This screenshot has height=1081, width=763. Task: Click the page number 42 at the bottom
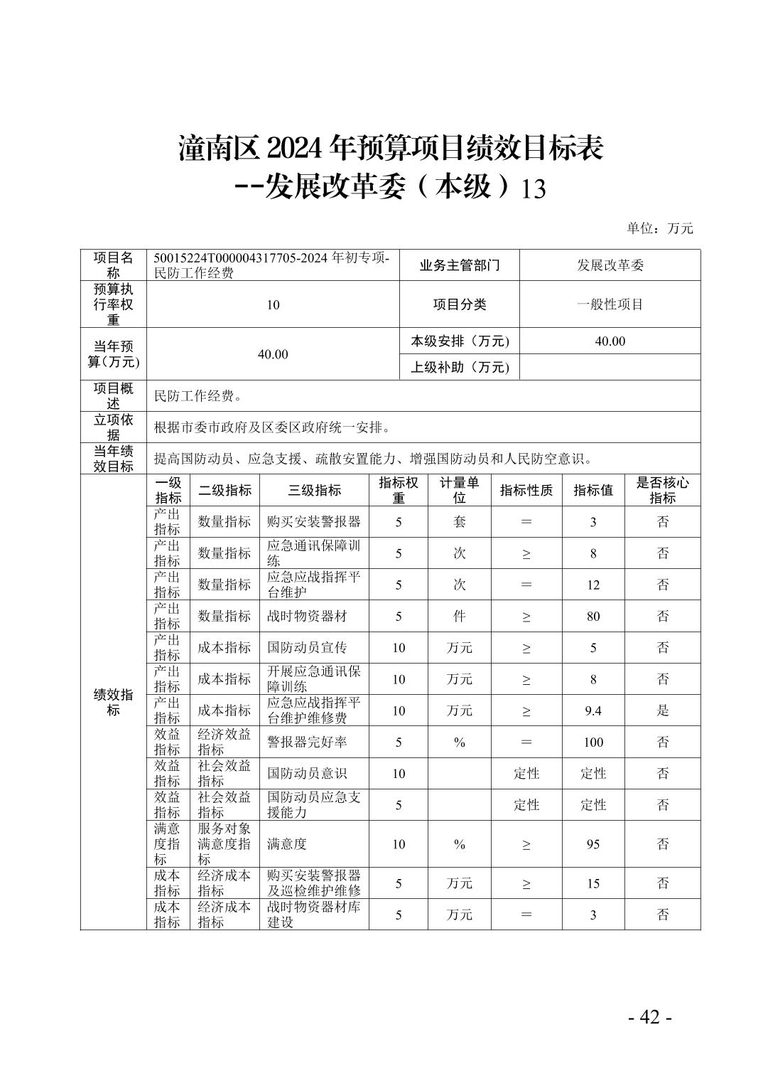pyautogui.click(x=649, y=1017)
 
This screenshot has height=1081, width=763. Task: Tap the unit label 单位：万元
pyautogui.click(x=659, y=228)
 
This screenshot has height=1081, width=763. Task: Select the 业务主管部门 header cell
pyautogui.click(x=459, y=265)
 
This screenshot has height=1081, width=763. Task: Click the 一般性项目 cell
pyautogui.click(x=610, y=304)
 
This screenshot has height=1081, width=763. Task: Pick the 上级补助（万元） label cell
pyautogui.click(x=460, y=367)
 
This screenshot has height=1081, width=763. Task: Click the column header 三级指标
pyautogui.click(x=314, y=490)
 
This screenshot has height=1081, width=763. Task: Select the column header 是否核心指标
pyautogui.click(x=662, y=490)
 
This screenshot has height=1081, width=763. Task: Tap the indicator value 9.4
pyautogui.click(x=592, y=710)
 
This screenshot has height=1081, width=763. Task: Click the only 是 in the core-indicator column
pyautogui.click(x=662, y=710)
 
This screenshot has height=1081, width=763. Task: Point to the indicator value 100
pyautogui.click(x=592, y=742)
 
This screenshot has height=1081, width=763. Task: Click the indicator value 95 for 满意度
pyautogui.click(x=592, y=844)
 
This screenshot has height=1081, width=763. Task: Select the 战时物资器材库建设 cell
pyautogui.click(x=313, y=914)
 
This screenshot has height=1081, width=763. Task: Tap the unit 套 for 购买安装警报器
pyautogui.click(x=459, y=522)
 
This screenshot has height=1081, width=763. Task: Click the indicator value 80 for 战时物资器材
pyautogui.click(x=592, y=616)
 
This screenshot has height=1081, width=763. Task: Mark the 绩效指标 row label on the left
pyautogui.click(x=113, y=702)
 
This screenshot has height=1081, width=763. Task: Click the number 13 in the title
pyautogui.click(x=534, y=189)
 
